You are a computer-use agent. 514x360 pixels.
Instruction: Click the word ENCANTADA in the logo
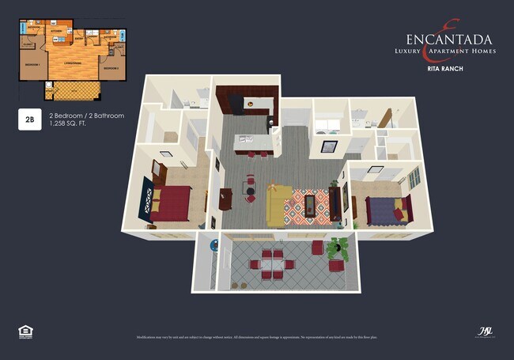449,40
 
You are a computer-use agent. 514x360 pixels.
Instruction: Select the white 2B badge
29,120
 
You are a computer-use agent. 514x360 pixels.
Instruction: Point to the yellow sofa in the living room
278,205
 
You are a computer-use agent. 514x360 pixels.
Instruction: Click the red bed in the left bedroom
172,203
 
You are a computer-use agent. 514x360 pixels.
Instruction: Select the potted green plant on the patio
338,248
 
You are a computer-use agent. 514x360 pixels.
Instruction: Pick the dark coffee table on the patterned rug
311,205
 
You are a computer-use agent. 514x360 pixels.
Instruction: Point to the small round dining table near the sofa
250,188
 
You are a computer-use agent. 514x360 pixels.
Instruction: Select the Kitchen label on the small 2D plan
57,32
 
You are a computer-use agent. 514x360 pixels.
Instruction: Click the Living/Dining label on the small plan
73,62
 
